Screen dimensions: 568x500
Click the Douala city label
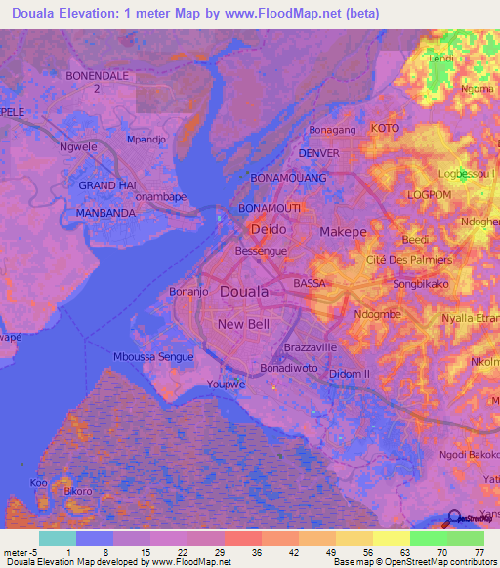[239, 292]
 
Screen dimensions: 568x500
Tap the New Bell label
[243, 324]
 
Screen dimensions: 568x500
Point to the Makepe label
[343, 232]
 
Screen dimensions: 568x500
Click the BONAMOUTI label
[271, 209]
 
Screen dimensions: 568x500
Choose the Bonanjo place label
[189, 291]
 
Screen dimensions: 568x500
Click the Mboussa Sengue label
[153, 357]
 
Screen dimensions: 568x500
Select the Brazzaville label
[310, 347]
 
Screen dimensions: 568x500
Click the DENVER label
[318, 154]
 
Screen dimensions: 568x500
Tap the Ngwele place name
[76, 148]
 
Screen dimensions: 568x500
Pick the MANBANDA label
[104, 211]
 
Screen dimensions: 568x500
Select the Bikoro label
[78, 491]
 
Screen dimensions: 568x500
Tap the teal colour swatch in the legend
[58, 538]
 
